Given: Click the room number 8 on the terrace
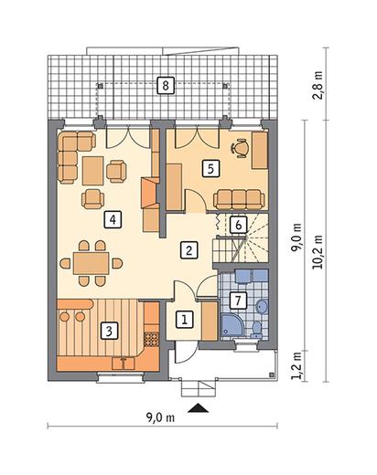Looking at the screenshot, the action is [x=166, y=86].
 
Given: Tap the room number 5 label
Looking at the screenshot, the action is [x=210, y=168].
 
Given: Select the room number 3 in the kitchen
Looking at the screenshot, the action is [x=109, y=331].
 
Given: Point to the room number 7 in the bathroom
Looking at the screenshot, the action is [x=238, y=301].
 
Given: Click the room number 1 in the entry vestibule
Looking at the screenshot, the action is [x=185, y=320].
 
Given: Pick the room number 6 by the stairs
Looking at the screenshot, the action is [x=238, y=225].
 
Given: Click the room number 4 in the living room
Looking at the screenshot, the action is [x=113, y=219].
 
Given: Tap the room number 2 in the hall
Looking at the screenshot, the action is [x=188, y=250].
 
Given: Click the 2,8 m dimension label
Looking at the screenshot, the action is [x=318, y=85].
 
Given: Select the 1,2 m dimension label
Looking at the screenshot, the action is [x=296, y=365].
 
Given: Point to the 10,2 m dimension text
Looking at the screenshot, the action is [x=318, y=252].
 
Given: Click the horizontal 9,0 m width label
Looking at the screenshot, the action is [x=161, y=417].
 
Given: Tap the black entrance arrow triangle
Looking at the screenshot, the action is [x=199, y=408].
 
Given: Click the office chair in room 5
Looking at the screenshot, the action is [x=240, y=148].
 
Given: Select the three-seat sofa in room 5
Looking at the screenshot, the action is [x=239, y=199].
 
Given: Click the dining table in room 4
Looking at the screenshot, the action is [x=92, y=263].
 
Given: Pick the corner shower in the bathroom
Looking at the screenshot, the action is [x=232, y=327].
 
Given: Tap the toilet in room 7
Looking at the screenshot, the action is [x=256, y=330].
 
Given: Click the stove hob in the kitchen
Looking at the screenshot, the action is [x=151, y=340].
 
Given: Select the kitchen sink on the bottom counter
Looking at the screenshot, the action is [x=124, y=363].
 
